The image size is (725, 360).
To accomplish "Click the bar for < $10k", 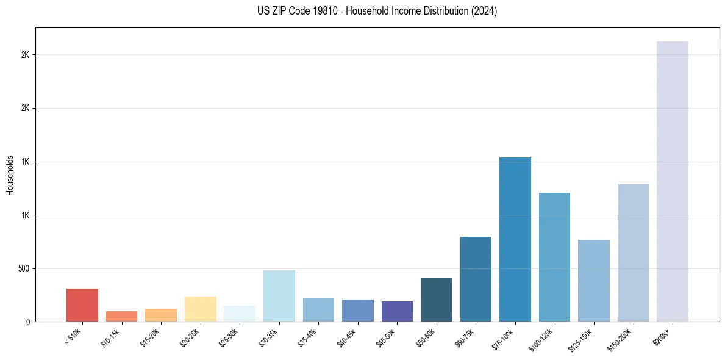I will [82, 305].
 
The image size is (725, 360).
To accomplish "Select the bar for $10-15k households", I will [121, 316].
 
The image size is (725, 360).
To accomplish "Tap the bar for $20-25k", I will [200, 309].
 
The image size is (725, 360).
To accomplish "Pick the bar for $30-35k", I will [279, 296].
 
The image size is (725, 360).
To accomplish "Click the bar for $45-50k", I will [397, 311].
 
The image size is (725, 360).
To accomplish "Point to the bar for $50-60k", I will [437, 300].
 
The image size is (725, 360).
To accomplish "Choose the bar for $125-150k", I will [594, 281].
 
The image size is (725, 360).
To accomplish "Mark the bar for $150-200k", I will [633, 253].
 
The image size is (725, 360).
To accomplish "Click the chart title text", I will [377, 11].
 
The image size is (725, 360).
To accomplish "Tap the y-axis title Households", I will [10, 175].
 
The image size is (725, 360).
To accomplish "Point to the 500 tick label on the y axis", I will [23, 268].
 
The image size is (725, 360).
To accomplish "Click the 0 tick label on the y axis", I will [27, 322].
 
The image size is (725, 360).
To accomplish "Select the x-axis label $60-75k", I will [465, 337].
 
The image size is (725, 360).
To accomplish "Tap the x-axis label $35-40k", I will [307, 337].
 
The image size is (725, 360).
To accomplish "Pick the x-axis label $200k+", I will [663, 335].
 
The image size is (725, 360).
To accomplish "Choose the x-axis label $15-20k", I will [150, 337].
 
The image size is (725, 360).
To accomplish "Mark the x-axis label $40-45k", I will [347, 337].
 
